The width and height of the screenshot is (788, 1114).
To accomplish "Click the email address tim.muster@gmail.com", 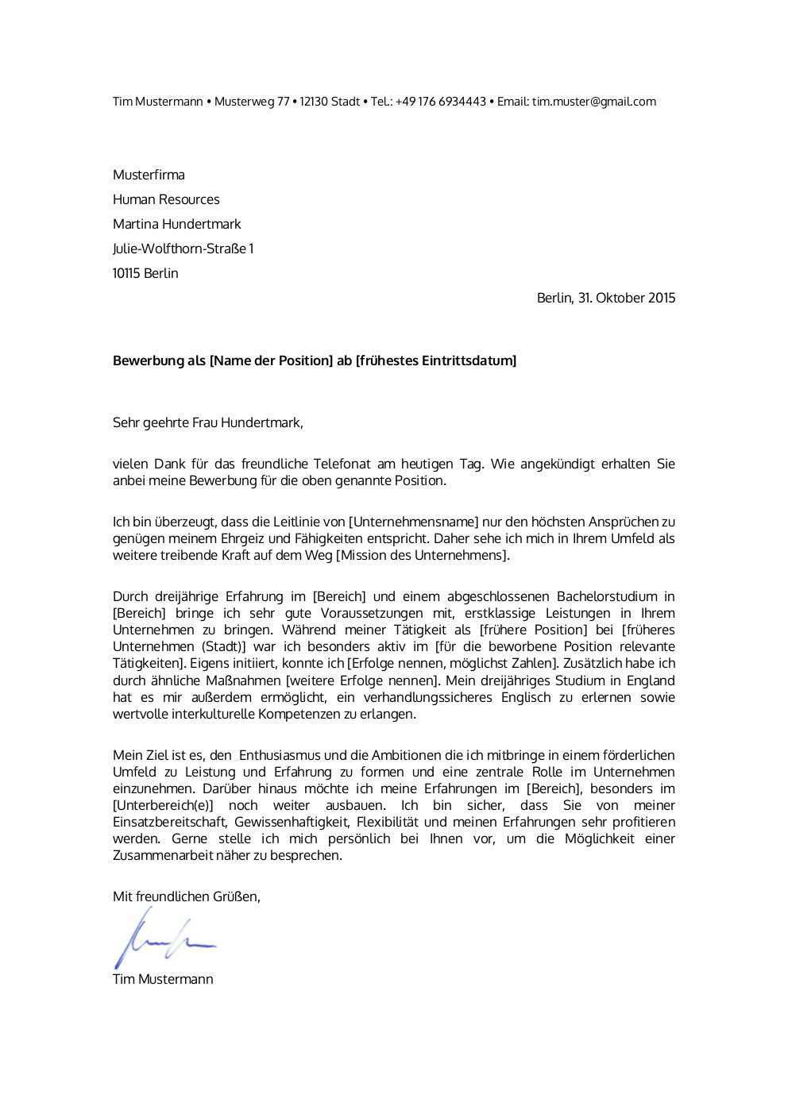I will (593, 102).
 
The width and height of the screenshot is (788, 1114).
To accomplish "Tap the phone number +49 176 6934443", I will (441, 102).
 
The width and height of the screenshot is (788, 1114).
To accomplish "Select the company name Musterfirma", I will (149, 175).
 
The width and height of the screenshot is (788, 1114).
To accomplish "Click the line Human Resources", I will (166, 199).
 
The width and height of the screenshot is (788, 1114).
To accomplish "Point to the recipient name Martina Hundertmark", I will (176, 224).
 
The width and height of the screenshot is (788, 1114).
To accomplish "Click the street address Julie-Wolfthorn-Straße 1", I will (183, 249).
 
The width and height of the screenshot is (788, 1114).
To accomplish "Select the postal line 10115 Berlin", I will (145, 273).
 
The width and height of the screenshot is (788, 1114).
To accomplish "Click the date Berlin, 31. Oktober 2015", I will (606, 298).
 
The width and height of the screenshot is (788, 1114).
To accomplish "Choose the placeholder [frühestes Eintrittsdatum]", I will (436, 360).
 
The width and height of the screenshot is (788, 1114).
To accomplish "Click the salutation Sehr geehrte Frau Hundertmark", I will (207, 422).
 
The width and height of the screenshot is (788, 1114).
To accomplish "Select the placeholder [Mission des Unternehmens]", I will (423, 555).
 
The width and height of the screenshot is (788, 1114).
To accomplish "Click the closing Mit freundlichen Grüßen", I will (186, 896).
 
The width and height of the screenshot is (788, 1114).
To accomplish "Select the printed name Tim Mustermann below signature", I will (163, 979).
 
